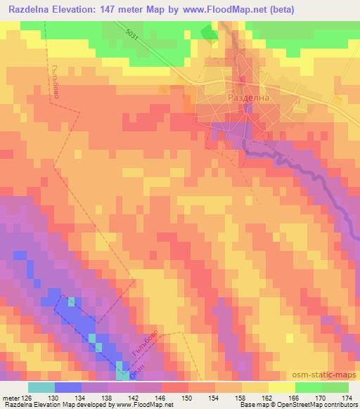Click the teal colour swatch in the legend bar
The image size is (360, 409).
coord(41,387)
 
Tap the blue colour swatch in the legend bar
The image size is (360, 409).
coord(67,387)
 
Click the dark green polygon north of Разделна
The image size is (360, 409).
coord(210,33)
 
